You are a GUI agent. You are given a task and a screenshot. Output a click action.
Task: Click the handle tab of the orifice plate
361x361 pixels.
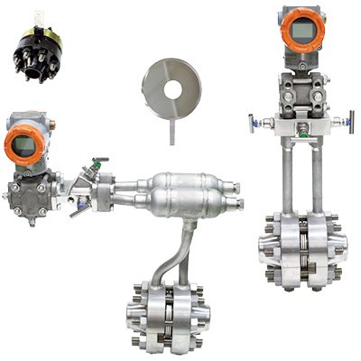coord(171,130)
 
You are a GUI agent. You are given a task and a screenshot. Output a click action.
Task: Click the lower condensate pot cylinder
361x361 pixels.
coord(185,205)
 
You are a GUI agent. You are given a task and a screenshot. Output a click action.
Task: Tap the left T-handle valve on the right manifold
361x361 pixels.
coord(256,121)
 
